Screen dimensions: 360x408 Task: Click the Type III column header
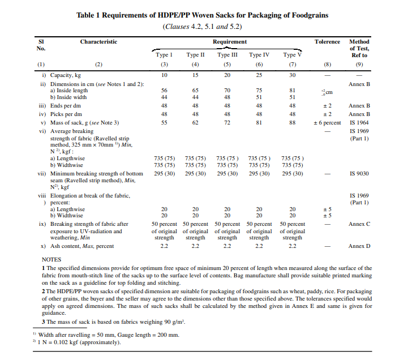(227, 55)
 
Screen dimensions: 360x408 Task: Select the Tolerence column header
(327, 42)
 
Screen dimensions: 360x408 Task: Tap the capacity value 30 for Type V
(292, 75)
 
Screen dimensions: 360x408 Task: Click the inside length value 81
(292, 91)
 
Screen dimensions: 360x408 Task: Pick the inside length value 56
(164, 91)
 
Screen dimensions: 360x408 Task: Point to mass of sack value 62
(196, 122)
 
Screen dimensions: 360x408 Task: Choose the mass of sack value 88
(292, 122)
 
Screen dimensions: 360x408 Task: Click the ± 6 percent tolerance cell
(328, 122)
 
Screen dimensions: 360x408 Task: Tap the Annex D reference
(359, 246)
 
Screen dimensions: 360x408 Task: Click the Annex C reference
(359, 224)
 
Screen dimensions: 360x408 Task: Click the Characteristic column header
(98, 42)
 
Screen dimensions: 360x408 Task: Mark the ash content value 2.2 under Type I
(164, 246)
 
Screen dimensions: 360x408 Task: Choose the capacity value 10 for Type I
(164, 75)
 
